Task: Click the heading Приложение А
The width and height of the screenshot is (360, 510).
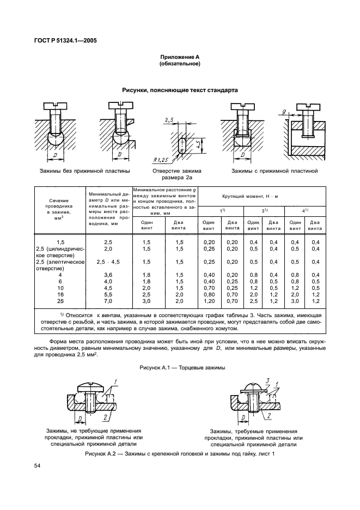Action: click(x=180, y=57)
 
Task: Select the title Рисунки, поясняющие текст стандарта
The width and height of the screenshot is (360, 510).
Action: click(x=180, y=90)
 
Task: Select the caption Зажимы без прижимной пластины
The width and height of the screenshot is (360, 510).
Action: click(x=84, y=171)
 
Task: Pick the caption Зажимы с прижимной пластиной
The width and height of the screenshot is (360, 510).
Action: click(x=274, y=171)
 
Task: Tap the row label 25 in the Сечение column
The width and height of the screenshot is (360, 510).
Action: click(x=60, y=301)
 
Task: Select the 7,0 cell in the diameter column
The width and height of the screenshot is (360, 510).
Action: click(x=108, y=301)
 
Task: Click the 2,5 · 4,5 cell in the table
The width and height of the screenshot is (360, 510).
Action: click(x=108, y=262)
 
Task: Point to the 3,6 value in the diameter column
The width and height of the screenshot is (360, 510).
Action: click(x=108, y=275)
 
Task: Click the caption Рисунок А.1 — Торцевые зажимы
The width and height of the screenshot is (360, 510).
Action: click(x=180, y=368)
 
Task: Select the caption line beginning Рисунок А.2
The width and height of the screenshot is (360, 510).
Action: click(x=180, y=454)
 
